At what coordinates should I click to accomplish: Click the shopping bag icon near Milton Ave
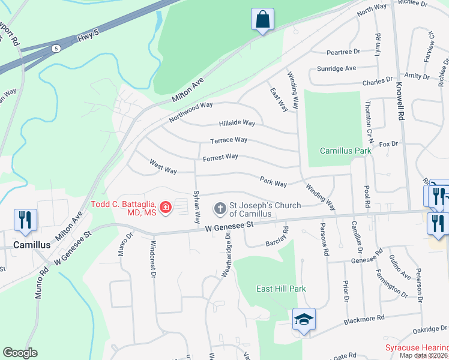(262, 19)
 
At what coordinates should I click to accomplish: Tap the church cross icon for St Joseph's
(220, 209)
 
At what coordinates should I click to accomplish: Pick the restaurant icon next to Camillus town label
(25, 220)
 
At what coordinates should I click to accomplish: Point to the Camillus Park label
(345, 151)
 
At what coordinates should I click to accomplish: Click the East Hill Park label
(281, 289)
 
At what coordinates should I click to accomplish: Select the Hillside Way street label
(237, 123)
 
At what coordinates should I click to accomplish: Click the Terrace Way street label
(229, 140)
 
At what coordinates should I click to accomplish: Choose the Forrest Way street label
(220, 157)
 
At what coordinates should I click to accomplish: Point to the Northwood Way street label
(191, 112)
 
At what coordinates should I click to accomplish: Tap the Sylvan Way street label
(196, 207)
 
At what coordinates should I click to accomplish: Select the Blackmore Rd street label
(364, 320)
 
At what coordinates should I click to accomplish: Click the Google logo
(20, 353)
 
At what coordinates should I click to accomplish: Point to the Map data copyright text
(423, 355)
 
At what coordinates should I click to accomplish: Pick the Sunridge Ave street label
(337, 68)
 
